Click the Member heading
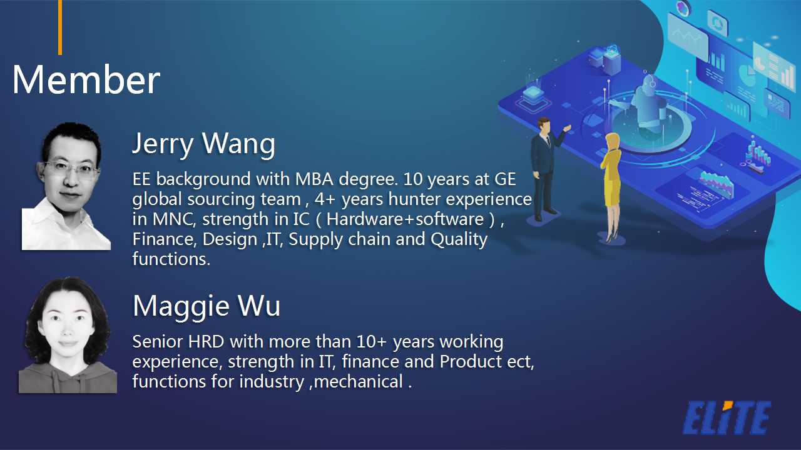coord(86,79)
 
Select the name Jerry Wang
coord(204,144)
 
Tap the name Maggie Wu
coord(207,306)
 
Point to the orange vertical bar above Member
coord(60,27)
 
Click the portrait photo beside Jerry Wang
coord(66,186)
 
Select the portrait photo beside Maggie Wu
coord(68,335)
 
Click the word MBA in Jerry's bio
coord(314,179)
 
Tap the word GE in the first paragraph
coord(505,179)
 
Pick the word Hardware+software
coord(405,219)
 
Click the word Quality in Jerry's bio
coord(459,239)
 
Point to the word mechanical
coord(359,381)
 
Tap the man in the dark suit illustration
coord(546,169)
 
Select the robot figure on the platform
coord(649,104)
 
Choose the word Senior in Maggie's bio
coord(157,342)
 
